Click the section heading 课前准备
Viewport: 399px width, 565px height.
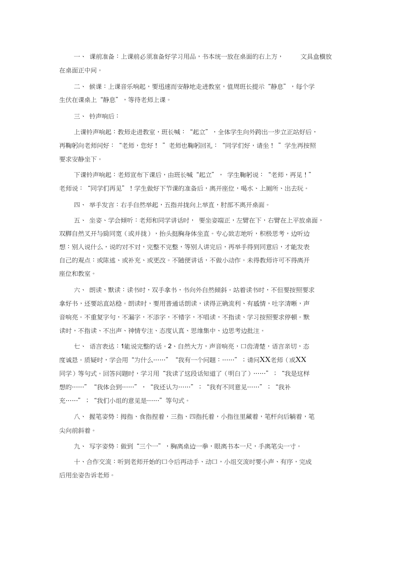click(103, 57)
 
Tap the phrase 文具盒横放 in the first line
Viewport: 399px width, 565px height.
click(316, 57)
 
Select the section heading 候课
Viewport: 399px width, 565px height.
click(96, 87)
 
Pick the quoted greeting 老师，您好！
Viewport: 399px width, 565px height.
click(141, 146)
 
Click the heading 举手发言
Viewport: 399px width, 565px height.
click(103, 205)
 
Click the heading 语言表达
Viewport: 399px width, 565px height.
click(103, 346)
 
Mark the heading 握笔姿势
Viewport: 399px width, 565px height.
click(103, 417)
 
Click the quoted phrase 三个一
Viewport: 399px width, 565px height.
click(148, 446)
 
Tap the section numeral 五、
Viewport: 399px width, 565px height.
click(79, 221)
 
